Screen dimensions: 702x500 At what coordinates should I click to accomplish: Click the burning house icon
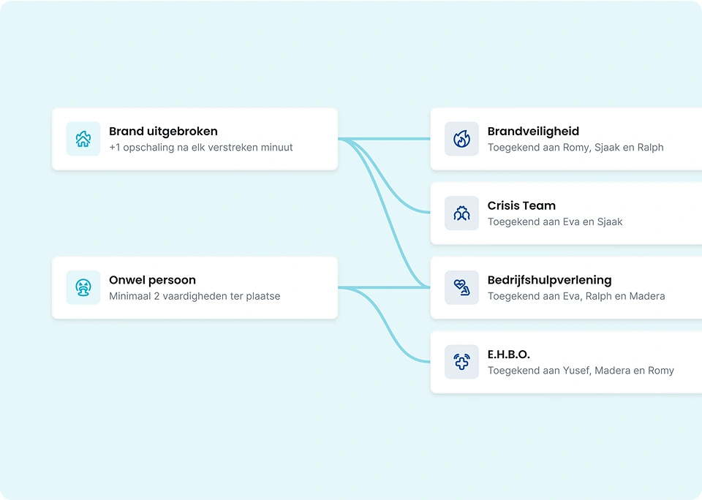[x=83, y=139]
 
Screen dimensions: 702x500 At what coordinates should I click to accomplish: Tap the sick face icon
[x=83, y=287]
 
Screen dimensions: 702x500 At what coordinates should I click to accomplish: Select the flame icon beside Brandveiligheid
[x=461, y=139]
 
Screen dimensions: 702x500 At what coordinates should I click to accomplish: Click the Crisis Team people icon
[x=461, y=213]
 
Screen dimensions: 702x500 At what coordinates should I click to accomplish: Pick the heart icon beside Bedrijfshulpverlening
[x=461, y=287]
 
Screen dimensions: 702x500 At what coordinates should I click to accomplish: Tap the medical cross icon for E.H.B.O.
[x=461, y=362]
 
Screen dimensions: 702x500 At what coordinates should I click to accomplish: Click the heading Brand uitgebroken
[x=163, y=131]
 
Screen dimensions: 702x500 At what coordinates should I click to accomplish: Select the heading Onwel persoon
[x=152, y=280]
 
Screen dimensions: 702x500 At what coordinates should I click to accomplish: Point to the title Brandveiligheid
[x=533, y=131]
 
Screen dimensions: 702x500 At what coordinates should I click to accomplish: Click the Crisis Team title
[x=521, y=205]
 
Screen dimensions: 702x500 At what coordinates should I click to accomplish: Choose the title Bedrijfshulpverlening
[x=549, y=280]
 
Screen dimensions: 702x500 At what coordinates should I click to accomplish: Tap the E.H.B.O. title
[x=509, y=355]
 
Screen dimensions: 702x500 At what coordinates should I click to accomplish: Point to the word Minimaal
[x=130, y=296]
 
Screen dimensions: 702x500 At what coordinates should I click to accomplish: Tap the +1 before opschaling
[x=115, y=147]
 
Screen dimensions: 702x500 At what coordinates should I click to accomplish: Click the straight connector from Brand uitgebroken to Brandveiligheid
[x=384, y=139]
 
